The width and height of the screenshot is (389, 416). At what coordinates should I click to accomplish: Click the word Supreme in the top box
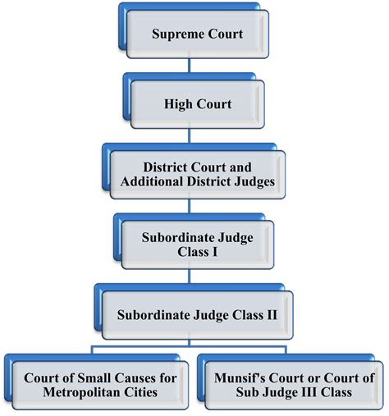[x=175, y=34]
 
